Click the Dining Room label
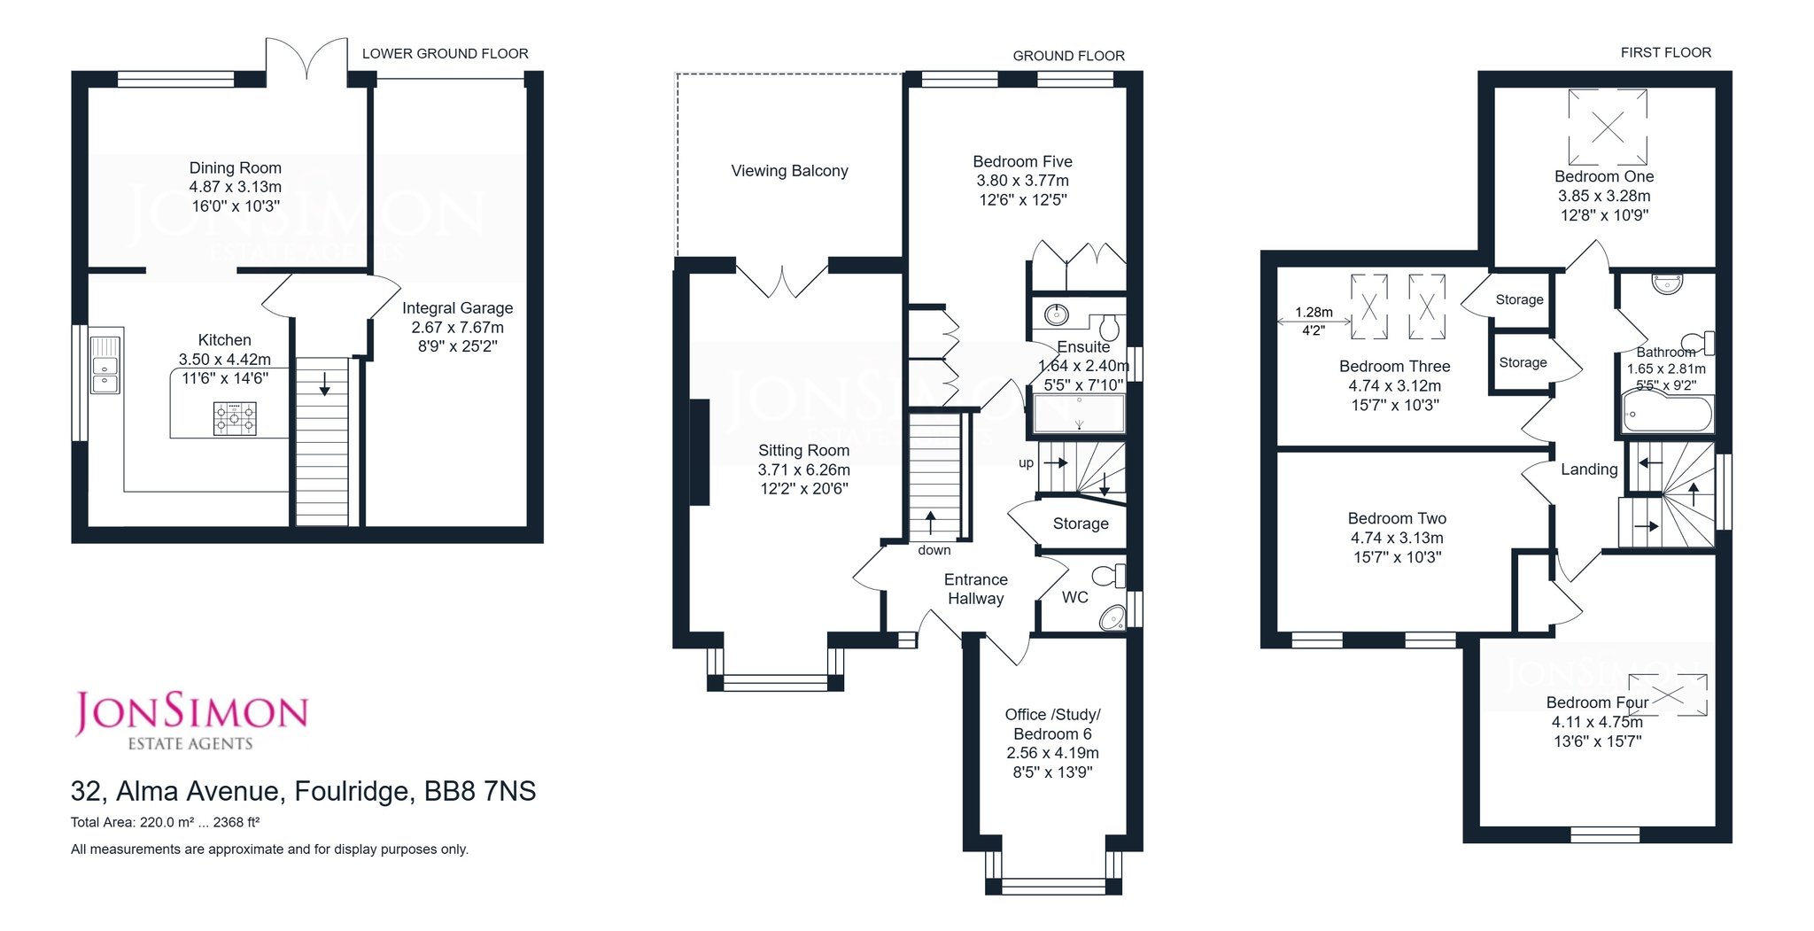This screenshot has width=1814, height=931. pyautogui.click(x=236, y=168)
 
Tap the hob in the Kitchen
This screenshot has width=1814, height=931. pyautogui.click(x=235, y=418)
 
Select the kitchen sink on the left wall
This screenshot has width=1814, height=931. pyautogui.click(x=105, y=364)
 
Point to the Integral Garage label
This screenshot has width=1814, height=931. pyautogui.click(x=457, y=308)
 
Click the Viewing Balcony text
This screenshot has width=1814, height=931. pyautogui.click(x=789, y=171)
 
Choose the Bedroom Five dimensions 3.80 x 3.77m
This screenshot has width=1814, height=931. pyautogui.click(x=1023, y=181)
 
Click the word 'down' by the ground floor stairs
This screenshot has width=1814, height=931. pyautogui.click(x=934, y=550)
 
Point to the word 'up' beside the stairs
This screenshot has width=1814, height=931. pyautogui.click(x=1026, y=463)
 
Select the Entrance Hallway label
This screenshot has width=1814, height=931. pyautogui.click(x=975, y=589)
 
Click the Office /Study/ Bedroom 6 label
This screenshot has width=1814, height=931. pyautogui.click(x=1052, y=725)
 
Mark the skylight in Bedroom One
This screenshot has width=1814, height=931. pyautogui.click(x=1608, y=127)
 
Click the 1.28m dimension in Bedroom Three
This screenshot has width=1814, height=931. pyautogui.click(x=1314, y=312)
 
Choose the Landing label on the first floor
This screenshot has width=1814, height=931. pyautogui.click(x=1589, y=469)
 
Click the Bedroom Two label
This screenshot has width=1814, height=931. pyautogui.click(x=1397, y=519)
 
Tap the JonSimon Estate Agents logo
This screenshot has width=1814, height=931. pyautogui.click(x=190, y=721)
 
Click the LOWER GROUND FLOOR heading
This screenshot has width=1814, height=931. pyautogui.click(x=446, y=54)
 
